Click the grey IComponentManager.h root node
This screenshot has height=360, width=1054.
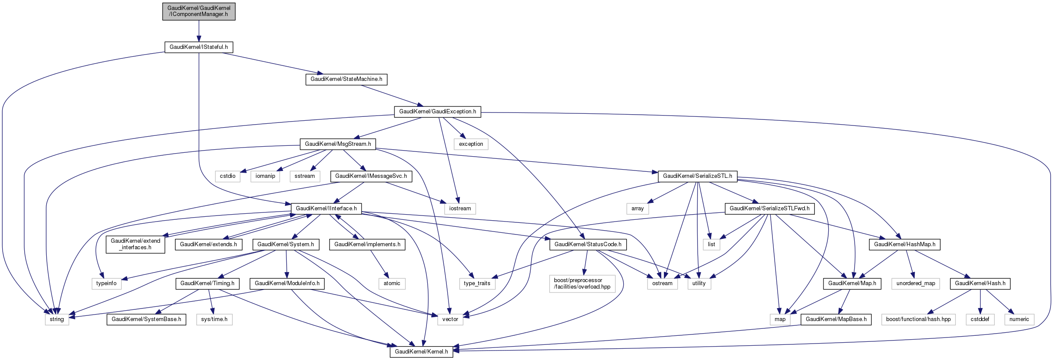click(199, 11)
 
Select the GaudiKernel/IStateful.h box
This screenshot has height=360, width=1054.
click(199, 47)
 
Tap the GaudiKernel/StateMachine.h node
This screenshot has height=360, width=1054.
click(346, 79)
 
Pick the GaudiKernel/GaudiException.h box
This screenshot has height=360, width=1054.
click(437, 112)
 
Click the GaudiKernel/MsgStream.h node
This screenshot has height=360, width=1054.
click(338, 144)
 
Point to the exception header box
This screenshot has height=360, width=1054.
click(471, 144)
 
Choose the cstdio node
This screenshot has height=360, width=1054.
click(227, 176)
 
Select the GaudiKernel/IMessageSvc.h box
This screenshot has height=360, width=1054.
click(371, 176)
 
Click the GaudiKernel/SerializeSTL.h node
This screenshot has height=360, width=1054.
click(697, 176)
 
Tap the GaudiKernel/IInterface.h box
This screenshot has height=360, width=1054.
click(326, 209)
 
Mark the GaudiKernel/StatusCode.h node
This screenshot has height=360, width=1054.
click(588, 244)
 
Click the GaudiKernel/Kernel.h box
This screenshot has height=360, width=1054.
click(421, 352)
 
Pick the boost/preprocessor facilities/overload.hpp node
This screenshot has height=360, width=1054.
click(582, 283)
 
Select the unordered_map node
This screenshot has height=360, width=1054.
click(916, 283)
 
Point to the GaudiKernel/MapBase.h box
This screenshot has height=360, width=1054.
click(836, 319)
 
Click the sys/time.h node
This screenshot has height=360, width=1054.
click(214, 319)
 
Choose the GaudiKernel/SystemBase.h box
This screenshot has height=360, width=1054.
click(146, 319)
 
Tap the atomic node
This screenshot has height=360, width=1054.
click(392, 283)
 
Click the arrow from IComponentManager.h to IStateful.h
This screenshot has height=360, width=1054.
click(199, 31)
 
